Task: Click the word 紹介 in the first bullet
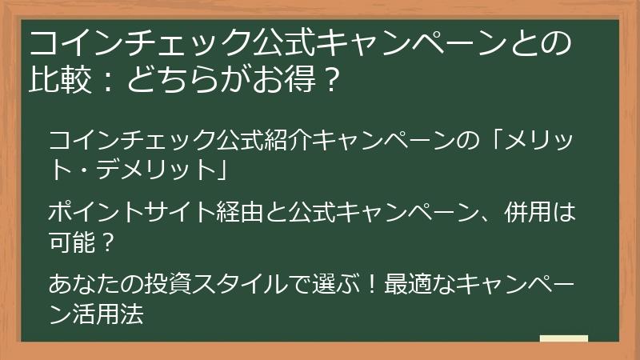(286, 142)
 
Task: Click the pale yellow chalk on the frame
(563, 339)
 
